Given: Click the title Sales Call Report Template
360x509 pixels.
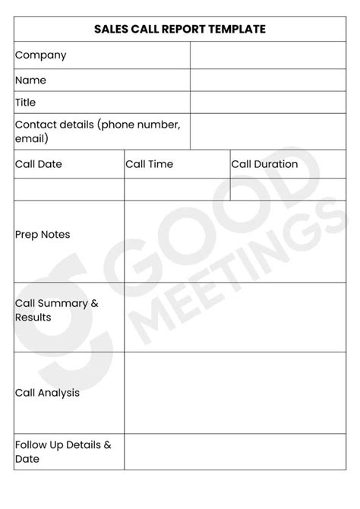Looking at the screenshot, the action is [180, 30].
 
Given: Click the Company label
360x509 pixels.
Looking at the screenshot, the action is [40, 55].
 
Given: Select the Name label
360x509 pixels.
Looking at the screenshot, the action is [30, 80].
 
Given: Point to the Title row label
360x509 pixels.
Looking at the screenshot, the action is [26, 103].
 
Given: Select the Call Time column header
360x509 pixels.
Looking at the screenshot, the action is [150, 164].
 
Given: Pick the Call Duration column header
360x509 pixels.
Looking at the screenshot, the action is [264, 164].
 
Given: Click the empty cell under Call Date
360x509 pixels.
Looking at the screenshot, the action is [68, 189].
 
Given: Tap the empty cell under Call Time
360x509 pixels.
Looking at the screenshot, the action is [177, 189].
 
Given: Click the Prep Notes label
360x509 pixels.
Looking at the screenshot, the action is [43, 235].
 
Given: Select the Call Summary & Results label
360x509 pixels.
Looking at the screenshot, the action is [57, 310].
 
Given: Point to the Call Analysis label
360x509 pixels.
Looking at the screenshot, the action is [47, 393].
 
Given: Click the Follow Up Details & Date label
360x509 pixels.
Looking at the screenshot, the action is [63, 451].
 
